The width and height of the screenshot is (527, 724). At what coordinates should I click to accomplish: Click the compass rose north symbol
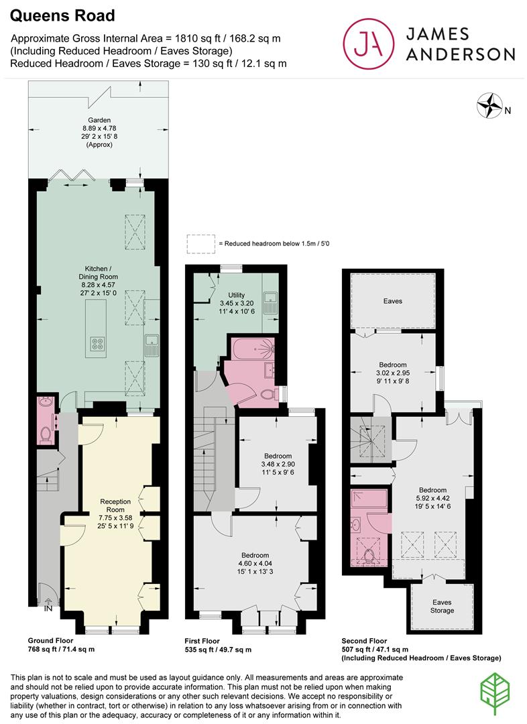[x=489, y=105]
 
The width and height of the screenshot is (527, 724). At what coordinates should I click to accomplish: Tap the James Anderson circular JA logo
[x=369, y=44]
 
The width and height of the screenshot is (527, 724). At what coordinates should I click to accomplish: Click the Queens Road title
[x=62, y=15]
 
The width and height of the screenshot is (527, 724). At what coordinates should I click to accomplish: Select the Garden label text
[x=99, y=120]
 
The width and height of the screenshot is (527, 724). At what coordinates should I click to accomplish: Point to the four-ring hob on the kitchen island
[x=97, y=343]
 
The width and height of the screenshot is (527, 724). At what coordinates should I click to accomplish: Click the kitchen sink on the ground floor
[x=152, y=345]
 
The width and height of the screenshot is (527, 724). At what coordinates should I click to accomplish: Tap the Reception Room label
[x=115, y=505]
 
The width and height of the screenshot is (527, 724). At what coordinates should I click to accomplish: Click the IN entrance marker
[x=48, y=609]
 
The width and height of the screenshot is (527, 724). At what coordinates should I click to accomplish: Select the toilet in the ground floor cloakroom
[x=46, y=434]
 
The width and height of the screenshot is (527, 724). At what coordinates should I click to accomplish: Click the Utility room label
[x=237, y=295]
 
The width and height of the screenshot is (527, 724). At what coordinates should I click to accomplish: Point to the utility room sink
[x=270, y=304]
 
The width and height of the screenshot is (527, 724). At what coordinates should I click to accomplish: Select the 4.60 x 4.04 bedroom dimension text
[x=255, y=563]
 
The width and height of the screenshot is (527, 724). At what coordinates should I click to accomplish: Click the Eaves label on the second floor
[x=393, y=301]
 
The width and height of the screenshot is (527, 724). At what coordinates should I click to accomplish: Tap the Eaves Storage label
[x=442, y=606]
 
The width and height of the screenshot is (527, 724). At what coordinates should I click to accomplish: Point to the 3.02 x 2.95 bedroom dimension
[x=393, y=373]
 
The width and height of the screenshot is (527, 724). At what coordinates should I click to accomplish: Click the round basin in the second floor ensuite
[x=356, y=525]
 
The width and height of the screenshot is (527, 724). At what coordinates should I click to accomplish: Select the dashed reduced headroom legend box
[x=201, y=243]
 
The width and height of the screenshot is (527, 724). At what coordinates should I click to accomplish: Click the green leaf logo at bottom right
[x=495, y=695]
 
